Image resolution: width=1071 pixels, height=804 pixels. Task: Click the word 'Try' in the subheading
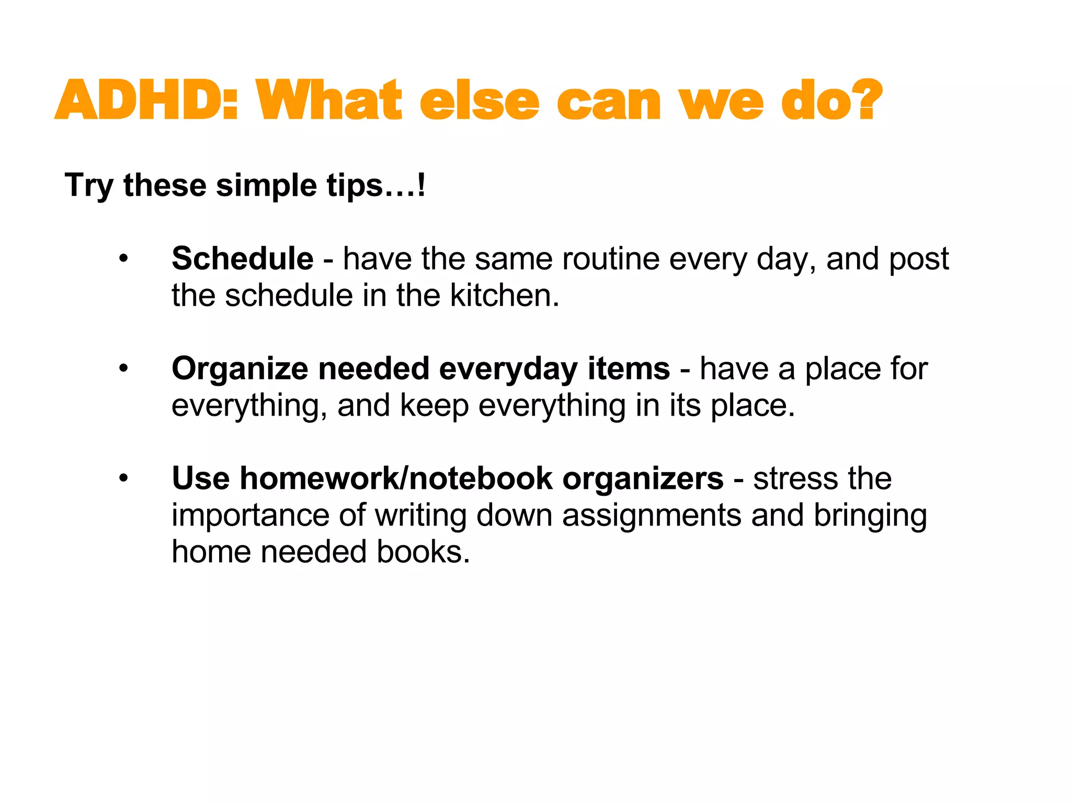tap(88, 186)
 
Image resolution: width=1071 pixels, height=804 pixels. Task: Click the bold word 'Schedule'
tap(243, 259)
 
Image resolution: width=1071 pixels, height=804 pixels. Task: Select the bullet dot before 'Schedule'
tap(123, 259)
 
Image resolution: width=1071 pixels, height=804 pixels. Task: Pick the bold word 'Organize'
tap(240, 369)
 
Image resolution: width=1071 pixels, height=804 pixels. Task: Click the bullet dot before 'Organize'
tap(123, 368)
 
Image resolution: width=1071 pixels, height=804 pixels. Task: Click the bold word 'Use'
tap(201, 478)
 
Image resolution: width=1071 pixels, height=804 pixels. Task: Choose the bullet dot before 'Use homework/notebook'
tap(123, 478)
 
